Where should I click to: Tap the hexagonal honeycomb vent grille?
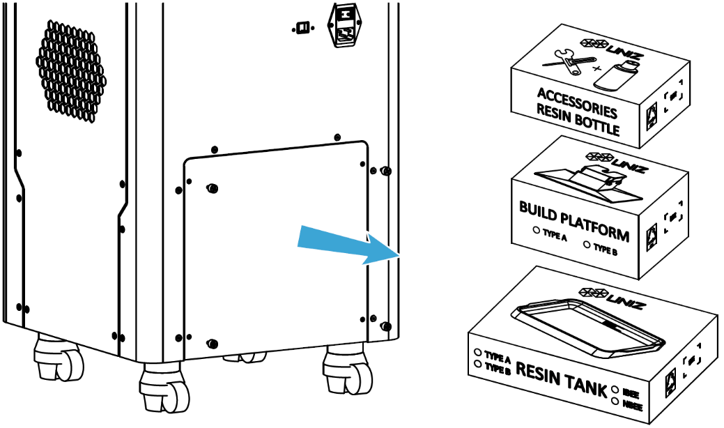coord(77,70)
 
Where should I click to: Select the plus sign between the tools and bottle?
coord(596,70)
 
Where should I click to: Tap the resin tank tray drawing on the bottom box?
coord(589,330)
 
